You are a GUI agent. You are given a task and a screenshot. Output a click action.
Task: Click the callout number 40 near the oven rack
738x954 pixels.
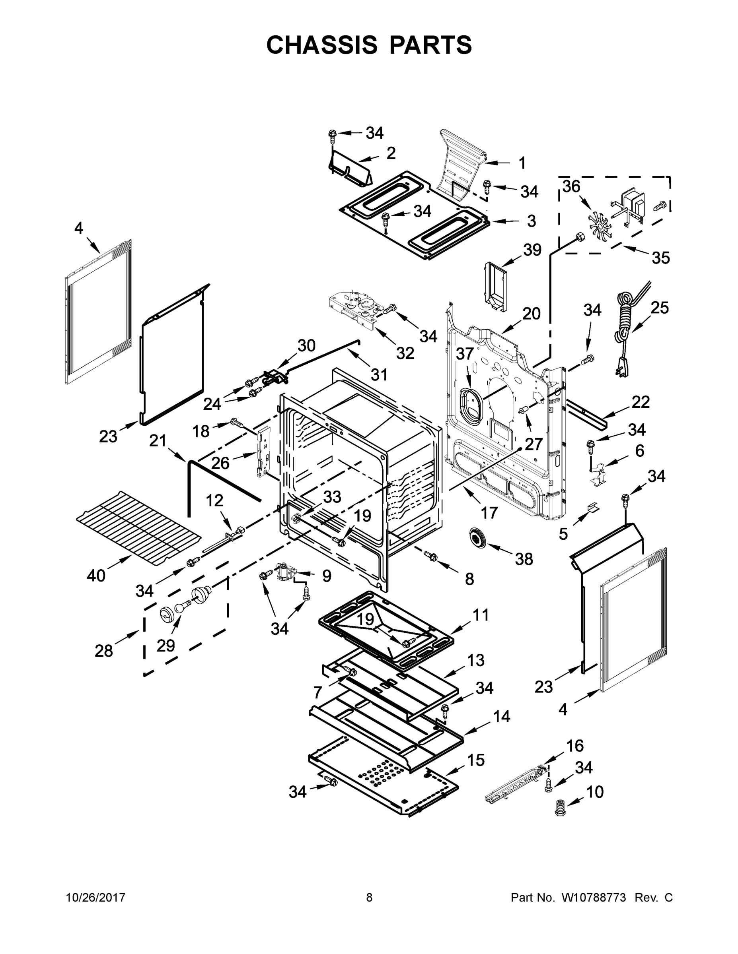(x=96, y=575)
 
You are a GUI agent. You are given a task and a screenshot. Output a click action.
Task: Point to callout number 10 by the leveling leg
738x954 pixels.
(x=595, y=791)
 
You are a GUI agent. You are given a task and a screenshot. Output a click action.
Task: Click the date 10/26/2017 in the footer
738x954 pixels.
(x=95, y=897)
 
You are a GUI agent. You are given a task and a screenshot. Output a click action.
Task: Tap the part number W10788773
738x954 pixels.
(x=593, y=897)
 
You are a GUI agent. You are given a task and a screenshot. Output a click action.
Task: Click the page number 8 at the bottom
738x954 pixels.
(x=369, y=897)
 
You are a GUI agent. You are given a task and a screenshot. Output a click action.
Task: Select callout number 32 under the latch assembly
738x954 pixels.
(x=405, y=353)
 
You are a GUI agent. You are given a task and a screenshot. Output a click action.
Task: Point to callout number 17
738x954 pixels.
(x=489, y=512)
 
